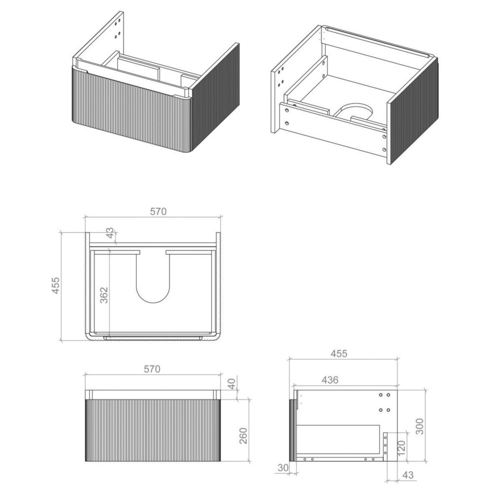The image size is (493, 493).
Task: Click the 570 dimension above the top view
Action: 158,211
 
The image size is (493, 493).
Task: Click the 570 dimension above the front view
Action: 152,369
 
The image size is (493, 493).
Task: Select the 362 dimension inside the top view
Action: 104,295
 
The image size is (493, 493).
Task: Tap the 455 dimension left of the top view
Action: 55,285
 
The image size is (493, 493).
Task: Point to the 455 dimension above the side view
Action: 339,353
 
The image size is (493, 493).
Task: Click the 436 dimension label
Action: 330,380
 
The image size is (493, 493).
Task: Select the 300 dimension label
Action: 420,426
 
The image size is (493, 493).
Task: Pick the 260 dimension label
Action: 244,435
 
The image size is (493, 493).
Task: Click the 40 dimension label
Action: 231,384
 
